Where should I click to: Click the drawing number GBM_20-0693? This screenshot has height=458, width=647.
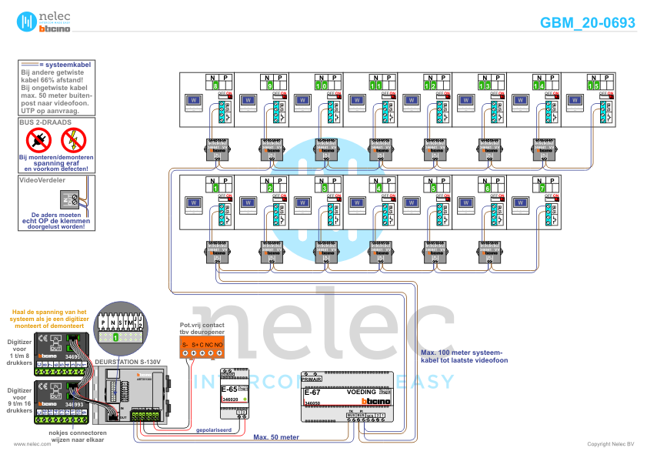[587, 23]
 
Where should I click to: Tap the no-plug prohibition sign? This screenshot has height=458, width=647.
[38, 140]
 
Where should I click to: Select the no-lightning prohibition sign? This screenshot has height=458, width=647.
[74, 140]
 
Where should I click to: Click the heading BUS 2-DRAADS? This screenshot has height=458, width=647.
[45, 122]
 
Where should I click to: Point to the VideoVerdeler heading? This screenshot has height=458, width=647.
[42, 179]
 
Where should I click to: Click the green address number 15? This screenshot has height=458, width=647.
[592, 85]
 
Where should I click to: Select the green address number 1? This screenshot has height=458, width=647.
[216, 188]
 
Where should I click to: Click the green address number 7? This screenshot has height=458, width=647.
[542, 188]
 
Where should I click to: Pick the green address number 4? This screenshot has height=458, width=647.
[379, 188]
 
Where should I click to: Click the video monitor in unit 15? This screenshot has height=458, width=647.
[575, 100]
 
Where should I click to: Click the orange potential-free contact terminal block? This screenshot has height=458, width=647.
[202, 348]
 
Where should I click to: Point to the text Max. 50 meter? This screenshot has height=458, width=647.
[276, 437]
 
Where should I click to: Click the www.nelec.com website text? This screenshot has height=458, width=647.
[32, 444]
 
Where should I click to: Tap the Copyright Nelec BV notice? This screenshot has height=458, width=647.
[610, 444]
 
